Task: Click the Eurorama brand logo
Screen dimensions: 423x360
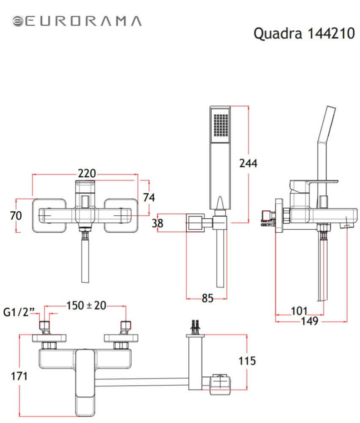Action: (x=77, y=21)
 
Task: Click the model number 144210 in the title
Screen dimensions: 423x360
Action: (x=330, y=33)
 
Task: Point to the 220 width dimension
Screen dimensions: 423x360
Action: (x=87, y=174)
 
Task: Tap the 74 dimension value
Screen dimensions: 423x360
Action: (x=149, y=198)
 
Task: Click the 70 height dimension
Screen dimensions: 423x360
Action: (x=16, y=215)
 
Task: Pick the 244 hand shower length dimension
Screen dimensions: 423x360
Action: (x=249, y=163)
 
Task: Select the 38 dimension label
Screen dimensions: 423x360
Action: (x=158, y=223)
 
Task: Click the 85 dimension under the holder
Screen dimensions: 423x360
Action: (x=207, y=298)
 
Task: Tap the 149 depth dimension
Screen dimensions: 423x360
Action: (x=309, y=321)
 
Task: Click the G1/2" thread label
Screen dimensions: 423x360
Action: (x=18, y=312)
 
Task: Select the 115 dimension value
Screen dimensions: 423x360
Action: (x=247, y=361)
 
